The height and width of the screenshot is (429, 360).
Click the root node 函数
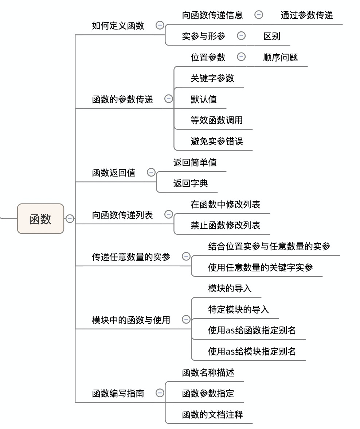coord(40,219)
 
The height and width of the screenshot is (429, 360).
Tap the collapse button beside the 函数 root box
coord(70,219)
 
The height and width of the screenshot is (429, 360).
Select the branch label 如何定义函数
coord(118,26)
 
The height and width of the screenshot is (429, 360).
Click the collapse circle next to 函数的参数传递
coord(168,98)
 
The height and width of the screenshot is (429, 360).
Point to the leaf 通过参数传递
coord(307,15)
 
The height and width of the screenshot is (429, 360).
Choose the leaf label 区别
coord(272,36)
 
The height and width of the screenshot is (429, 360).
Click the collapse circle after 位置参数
coord(241,57)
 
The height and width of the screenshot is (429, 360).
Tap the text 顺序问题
coord(281,57)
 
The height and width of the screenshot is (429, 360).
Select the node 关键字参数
coord(212,78)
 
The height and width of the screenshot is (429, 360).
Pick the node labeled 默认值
coord(204,99)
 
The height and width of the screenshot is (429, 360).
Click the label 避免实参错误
coord(217,141)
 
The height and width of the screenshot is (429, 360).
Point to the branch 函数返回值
coord(114,173)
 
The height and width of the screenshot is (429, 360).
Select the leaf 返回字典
coord(191,183)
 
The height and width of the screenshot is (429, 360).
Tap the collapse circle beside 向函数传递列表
coord(168,214)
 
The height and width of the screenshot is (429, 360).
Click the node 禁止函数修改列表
coord(226,225)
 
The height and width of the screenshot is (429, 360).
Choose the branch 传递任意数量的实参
coord(131,257)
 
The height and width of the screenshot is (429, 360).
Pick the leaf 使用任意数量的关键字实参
coord(261,267)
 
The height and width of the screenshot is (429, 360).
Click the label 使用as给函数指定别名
coord(252,331)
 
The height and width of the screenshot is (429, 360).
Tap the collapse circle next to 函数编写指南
coord(160,393)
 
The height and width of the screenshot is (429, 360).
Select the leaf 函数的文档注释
coord(212,415)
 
